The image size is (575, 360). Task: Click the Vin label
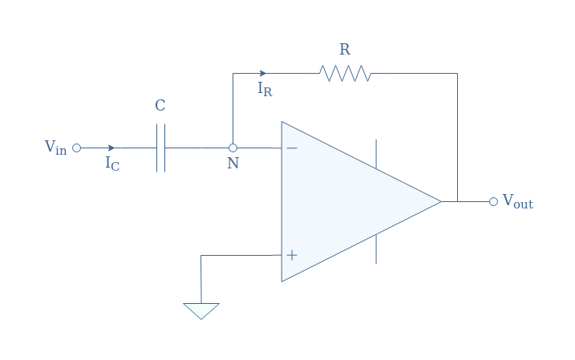[56, 148]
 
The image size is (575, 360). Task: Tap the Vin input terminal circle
[76, 148]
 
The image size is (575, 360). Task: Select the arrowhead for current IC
[111, 148]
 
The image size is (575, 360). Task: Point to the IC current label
[112, 164]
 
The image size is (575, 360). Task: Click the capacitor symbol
[160, 148]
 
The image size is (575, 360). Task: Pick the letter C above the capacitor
[160, 106]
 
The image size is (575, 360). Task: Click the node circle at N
[233, 148]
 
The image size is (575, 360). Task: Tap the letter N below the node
[233, 163]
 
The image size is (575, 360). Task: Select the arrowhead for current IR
[262, 73]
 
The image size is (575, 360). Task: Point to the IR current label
[265, 89]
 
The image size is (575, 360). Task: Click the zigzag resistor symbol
[345, 73]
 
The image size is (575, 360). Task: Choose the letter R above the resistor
[345, 49]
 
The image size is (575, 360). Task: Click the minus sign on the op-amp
[292, 148]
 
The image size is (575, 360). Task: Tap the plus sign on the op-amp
[292, 255]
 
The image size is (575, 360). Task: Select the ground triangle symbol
[201, 311]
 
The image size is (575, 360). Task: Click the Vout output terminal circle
[493, 201]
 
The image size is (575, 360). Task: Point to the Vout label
[518, 201]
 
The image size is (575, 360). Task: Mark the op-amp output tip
[441, 201]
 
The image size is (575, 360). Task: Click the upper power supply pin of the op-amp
[376, 154]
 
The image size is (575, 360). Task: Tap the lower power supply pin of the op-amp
[376, 249]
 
